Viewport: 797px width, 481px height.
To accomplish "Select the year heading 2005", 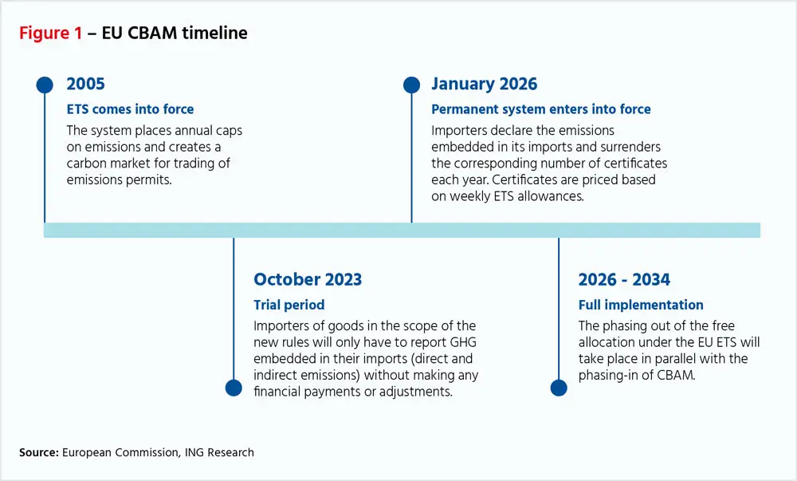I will coord(86,84).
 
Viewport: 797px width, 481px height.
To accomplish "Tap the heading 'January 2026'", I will coord(484,84).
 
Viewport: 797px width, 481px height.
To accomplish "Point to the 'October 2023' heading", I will coord(308,280).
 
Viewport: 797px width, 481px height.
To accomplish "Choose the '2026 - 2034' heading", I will coord(624,280).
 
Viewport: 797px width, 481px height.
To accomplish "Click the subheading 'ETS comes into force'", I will coord(130,109).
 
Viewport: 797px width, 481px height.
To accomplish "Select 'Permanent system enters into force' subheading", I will coord(540,109).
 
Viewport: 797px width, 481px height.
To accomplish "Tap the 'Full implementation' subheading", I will coord(641,305).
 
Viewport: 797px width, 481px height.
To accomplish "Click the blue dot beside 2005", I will coord(45,85).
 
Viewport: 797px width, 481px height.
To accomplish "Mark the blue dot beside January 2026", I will coord(411,85).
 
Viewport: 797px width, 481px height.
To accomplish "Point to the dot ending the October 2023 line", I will coord(234,388).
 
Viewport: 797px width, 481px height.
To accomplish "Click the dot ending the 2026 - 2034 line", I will coord(559,388).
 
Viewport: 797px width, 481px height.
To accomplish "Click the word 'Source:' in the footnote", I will coord(38,452).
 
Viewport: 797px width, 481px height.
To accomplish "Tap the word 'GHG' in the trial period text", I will coord(465,342).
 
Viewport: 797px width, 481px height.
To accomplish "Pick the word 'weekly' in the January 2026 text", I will coord(473,195).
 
